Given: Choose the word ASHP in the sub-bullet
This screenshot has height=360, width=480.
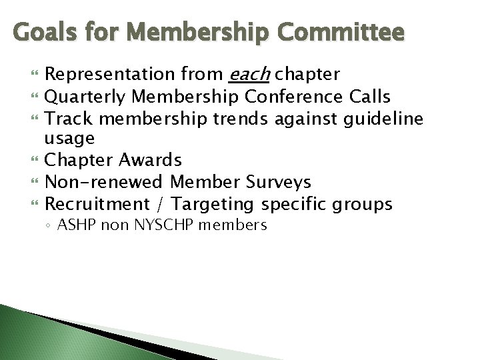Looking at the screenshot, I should point(75,225).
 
